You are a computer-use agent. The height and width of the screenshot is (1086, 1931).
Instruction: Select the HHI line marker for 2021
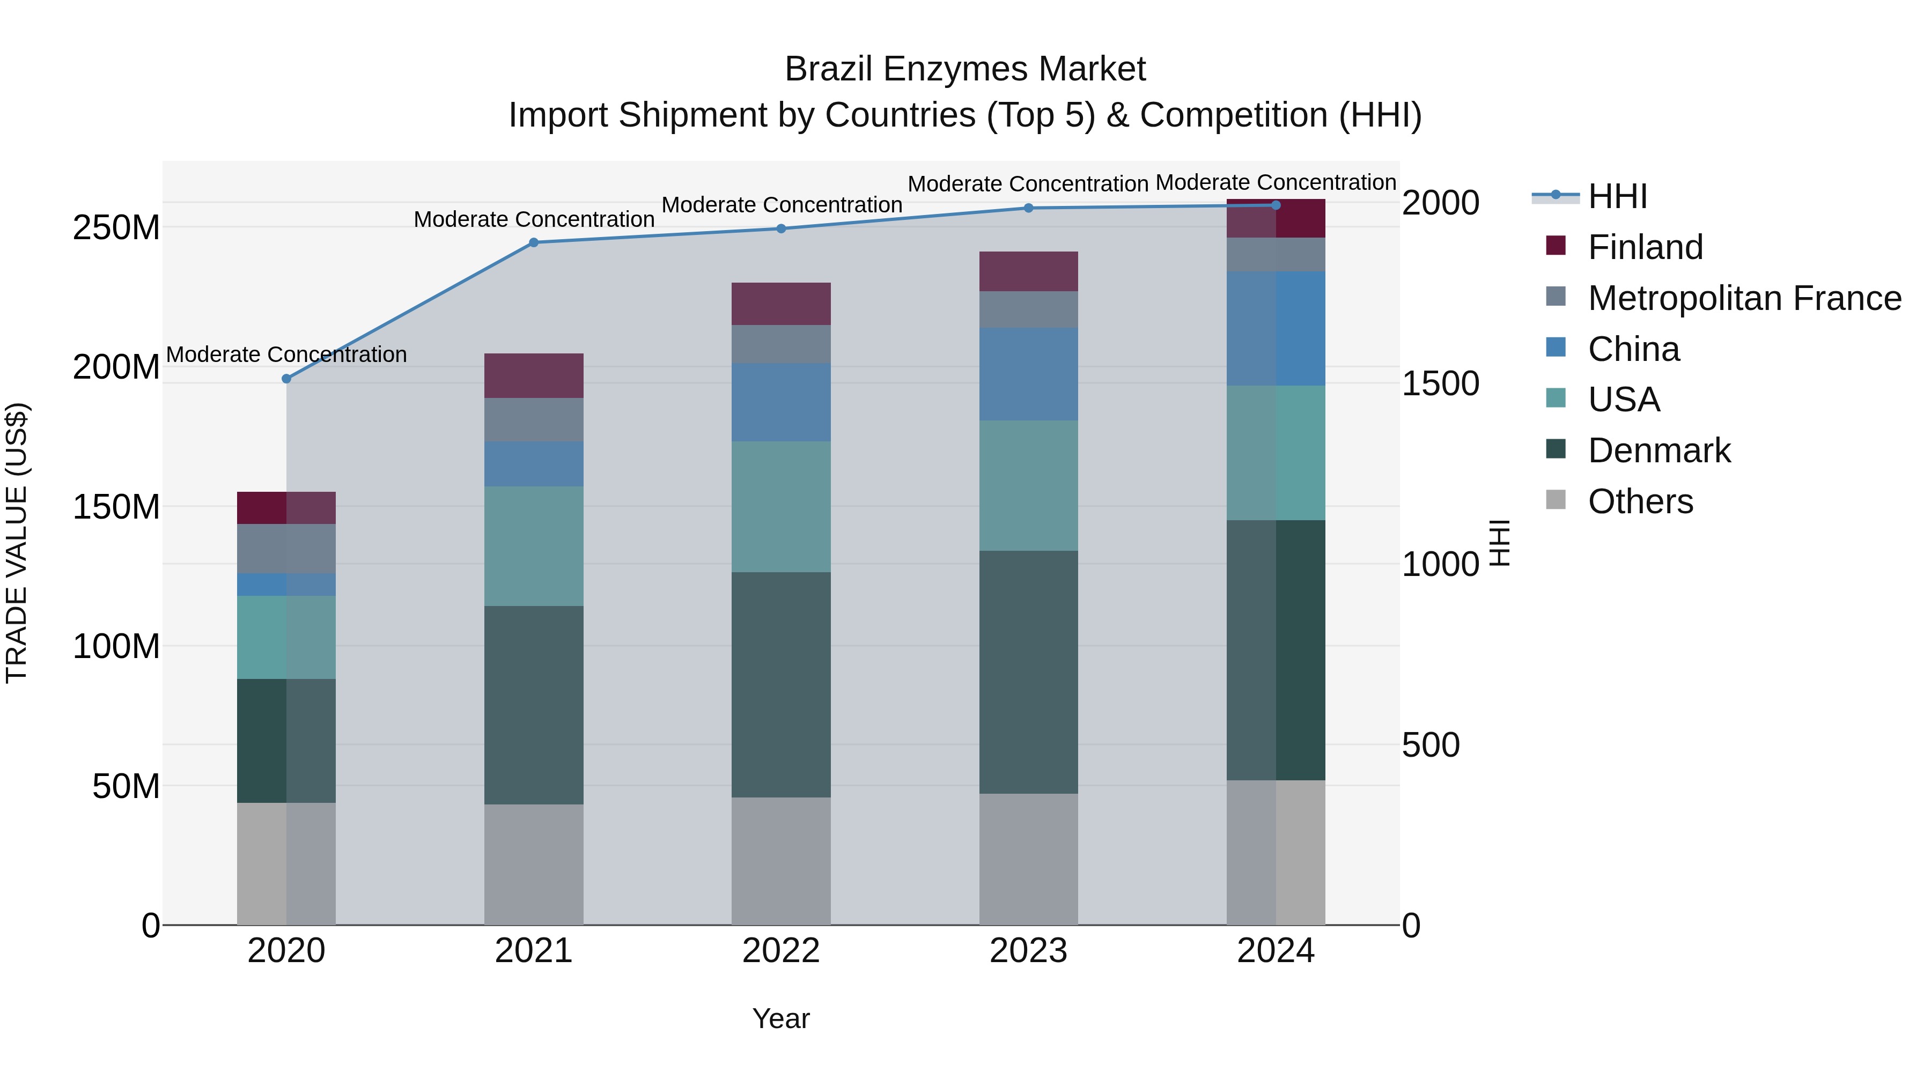[534, 242]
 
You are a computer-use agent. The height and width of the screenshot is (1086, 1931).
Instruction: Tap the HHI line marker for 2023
[1028, 208]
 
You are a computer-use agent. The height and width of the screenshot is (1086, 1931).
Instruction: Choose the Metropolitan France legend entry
[1744, 298]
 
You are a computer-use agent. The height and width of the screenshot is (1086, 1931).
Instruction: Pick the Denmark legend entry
[1659, 450]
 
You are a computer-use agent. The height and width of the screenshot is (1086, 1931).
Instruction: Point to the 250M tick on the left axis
[116, 227]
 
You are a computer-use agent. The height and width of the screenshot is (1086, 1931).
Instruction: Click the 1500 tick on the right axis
[1440, 384]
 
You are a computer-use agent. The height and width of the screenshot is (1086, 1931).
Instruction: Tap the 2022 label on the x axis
[781, 951]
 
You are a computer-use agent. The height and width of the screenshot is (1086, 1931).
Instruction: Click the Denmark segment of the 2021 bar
[534, 705]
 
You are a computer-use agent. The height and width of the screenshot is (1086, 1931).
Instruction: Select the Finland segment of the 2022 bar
[781, 304]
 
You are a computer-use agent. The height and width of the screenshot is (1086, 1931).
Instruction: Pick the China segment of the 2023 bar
[1028, 373]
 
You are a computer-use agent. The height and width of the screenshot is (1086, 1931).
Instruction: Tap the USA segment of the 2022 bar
[781, 507]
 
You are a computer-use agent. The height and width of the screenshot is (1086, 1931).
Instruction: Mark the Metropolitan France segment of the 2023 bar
[1028, 309]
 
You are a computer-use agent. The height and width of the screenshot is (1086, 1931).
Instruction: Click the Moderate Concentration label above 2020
[286, 354]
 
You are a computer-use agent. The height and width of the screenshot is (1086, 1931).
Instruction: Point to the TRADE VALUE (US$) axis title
[17, 543]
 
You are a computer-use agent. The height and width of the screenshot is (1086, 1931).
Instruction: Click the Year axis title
[781, 1018]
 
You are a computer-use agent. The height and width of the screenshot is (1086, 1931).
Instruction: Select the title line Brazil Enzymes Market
[965, 70]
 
